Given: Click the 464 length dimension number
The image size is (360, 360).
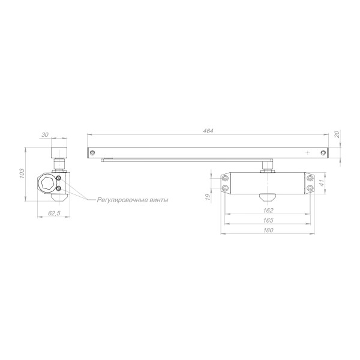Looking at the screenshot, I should (208, 131).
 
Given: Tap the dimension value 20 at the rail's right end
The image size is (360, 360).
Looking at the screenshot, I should (337, 135).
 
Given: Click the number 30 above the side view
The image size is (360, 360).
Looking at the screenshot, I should (46, 135).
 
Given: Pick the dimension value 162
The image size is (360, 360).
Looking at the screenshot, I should (268, 211).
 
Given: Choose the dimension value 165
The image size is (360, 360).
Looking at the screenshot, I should (268, 220).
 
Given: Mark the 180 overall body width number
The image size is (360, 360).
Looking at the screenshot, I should (268, 230).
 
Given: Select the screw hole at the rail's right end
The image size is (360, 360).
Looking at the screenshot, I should (323, 152).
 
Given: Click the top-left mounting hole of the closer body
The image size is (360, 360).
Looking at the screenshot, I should (226, 178).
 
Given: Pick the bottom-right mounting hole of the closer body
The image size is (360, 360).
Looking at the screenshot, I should (311, 188).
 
